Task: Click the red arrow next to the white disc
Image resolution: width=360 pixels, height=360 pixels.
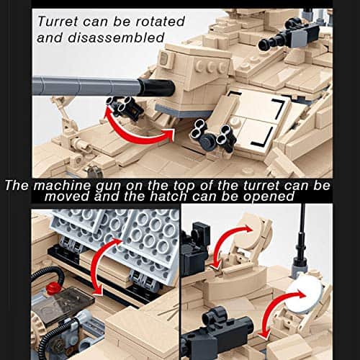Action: click(x=276, y=317)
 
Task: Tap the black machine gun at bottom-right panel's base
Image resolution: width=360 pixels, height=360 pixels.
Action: click(x=216, y=338)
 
